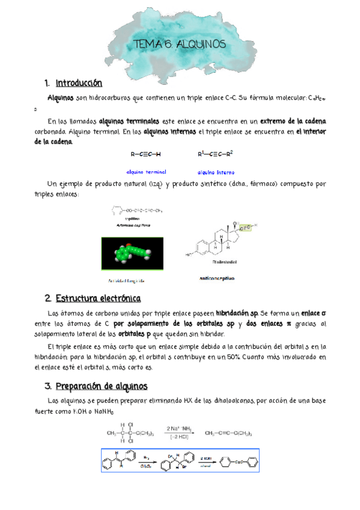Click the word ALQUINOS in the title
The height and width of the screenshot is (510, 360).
tap(203, 45)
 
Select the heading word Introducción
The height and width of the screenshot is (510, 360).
tap(79, 83)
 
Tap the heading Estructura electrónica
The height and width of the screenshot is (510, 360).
tap(98, 298)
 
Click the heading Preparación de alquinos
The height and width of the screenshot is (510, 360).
tap(102, 386)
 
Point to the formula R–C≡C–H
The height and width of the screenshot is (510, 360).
tap(145, 155)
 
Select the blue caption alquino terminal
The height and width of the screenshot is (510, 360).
tap(146, 172)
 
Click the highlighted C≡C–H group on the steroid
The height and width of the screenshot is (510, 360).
tap(248, 227)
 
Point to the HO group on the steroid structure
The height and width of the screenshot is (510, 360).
tap(189, 254)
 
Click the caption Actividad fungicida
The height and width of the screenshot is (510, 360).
tap(126, 280)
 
